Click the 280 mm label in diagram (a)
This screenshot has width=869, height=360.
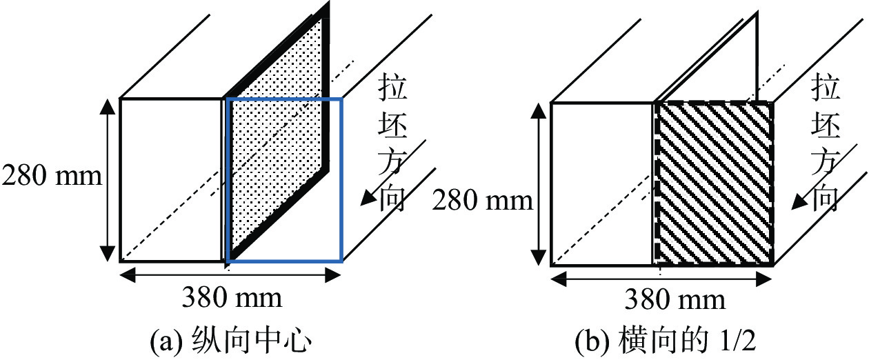click(52, 177)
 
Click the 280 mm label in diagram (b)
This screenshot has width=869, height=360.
click(482, 201)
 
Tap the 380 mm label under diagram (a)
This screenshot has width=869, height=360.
click(232, 298)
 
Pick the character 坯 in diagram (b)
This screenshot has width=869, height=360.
click(825, 127)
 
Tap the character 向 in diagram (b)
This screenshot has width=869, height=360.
click(825, 200)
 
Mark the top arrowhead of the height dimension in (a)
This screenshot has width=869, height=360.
click(108, 105)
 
